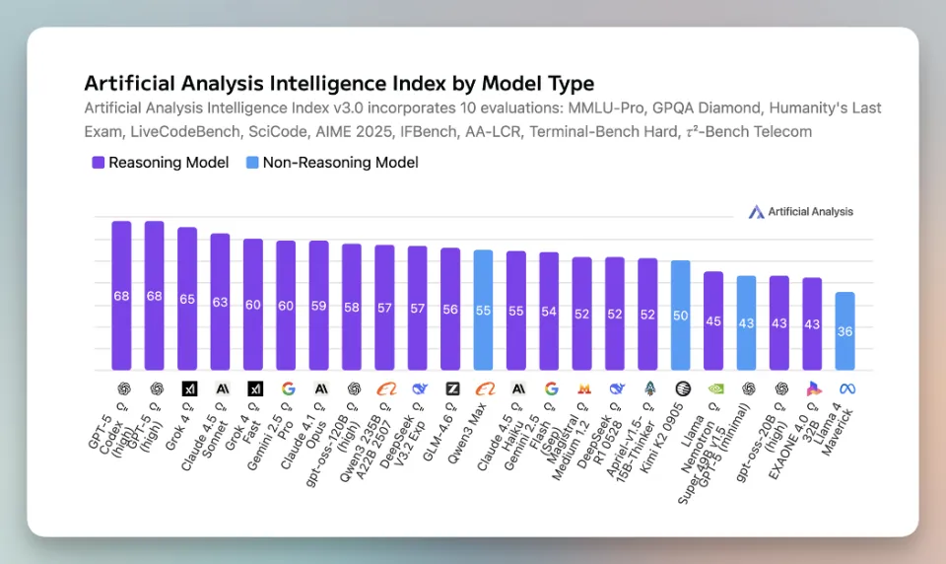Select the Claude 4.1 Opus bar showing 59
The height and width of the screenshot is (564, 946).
click(x=318, y=307)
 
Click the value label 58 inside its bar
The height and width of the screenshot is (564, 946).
click(x=352, y=308)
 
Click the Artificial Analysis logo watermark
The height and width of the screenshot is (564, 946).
click(x=800, y=212)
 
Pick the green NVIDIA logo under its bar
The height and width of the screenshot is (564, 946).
click(x=713, y=388)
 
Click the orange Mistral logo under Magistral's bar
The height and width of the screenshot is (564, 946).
click(x=582, y=388)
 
